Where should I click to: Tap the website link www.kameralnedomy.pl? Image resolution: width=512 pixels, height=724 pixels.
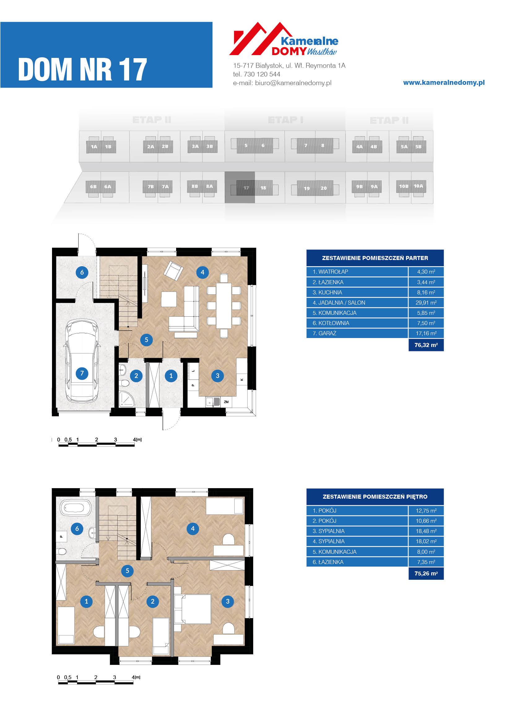click(444, 83)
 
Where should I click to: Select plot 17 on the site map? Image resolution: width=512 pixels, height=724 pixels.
click(246, 188)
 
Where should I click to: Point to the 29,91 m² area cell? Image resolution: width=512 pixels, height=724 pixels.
click(426, 303)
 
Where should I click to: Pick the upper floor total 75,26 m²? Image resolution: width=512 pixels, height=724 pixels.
click(426, 574)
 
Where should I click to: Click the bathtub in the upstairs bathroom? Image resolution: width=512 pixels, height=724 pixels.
click(73, 508)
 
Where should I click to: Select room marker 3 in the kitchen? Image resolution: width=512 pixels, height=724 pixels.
click(217, 375)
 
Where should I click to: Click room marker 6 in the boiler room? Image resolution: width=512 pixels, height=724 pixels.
click(82, 272)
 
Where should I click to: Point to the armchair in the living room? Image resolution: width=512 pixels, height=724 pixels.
click(173, 270)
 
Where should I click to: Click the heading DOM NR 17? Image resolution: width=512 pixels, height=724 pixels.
click(83, 70)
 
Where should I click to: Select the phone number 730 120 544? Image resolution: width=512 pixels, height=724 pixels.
click(262, 74)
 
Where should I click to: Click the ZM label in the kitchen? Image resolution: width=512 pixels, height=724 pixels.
click(226, 402)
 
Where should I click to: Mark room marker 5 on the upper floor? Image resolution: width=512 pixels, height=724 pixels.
click(127, 571)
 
